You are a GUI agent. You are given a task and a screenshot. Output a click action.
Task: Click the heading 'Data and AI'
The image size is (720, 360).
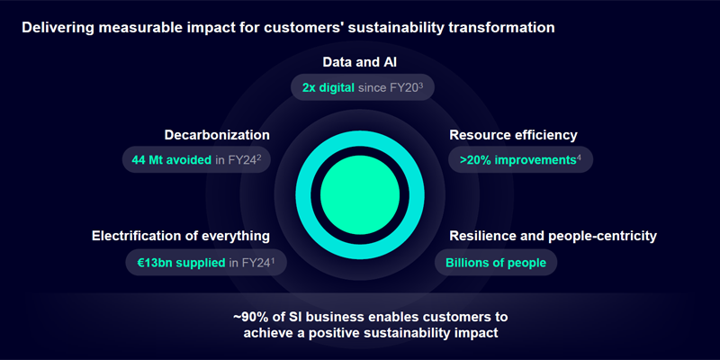click(x=359, y=62)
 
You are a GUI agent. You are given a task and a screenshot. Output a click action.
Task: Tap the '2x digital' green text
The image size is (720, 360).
click(x=328, y=87)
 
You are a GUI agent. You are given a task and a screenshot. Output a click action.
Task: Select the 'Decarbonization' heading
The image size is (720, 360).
click(x=217, y=135)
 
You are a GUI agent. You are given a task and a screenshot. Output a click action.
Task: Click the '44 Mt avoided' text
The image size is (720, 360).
click(x=172, y=160)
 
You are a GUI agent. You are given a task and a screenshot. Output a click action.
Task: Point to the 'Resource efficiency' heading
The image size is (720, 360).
click(x=513, y=135)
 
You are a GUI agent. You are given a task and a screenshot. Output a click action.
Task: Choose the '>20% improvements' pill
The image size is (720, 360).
click(x=520, y=160)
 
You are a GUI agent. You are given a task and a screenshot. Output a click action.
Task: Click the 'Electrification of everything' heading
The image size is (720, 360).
click(x=181, y=236)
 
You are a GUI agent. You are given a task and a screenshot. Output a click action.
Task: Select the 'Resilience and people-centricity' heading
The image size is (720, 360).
click(x=553, y=236)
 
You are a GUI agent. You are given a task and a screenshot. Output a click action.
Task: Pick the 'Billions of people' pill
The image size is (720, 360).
click(x=496, y=263)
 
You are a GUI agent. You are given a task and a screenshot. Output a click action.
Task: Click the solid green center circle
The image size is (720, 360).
click(x=359, y=194)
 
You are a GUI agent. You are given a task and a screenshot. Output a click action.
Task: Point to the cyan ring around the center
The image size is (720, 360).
click(x=302, y=194)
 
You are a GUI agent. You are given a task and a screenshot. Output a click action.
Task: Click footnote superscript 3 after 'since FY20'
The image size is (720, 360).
click(x=420, y=85)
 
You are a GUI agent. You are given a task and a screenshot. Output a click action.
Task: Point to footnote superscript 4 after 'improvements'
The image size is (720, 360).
click(x=579, y=157)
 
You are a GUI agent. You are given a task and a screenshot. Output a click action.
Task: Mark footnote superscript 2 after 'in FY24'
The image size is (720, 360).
click(x=259, y=157)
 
